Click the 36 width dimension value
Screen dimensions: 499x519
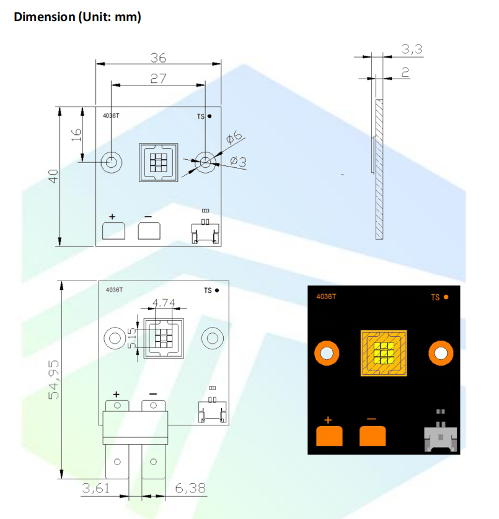(x=159, y=58)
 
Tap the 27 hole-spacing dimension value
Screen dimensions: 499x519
(x=158, y=79)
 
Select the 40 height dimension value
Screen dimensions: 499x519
(x=53, y=176)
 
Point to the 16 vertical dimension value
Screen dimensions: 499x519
(x=76, y=135)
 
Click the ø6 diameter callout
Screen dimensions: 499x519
(x=234, y=136)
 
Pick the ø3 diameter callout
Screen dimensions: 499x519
(x=239, y=162)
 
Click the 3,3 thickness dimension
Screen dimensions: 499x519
(x=412, y=50)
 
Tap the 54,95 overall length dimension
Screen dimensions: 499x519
(x=54, y=380)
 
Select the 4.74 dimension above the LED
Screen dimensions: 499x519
(x=164, y=302)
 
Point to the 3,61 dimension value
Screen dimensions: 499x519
(x=95, y=488)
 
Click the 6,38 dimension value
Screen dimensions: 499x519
(x=190, y=488)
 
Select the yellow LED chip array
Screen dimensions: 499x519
(x=384, y=353)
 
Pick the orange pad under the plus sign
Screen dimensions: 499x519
(x=329, y=436)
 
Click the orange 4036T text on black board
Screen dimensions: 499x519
(x=326, y=296)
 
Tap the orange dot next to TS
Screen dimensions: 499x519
(x=446, y=297)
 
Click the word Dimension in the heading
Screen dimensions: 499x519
(x=45, y=17)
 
